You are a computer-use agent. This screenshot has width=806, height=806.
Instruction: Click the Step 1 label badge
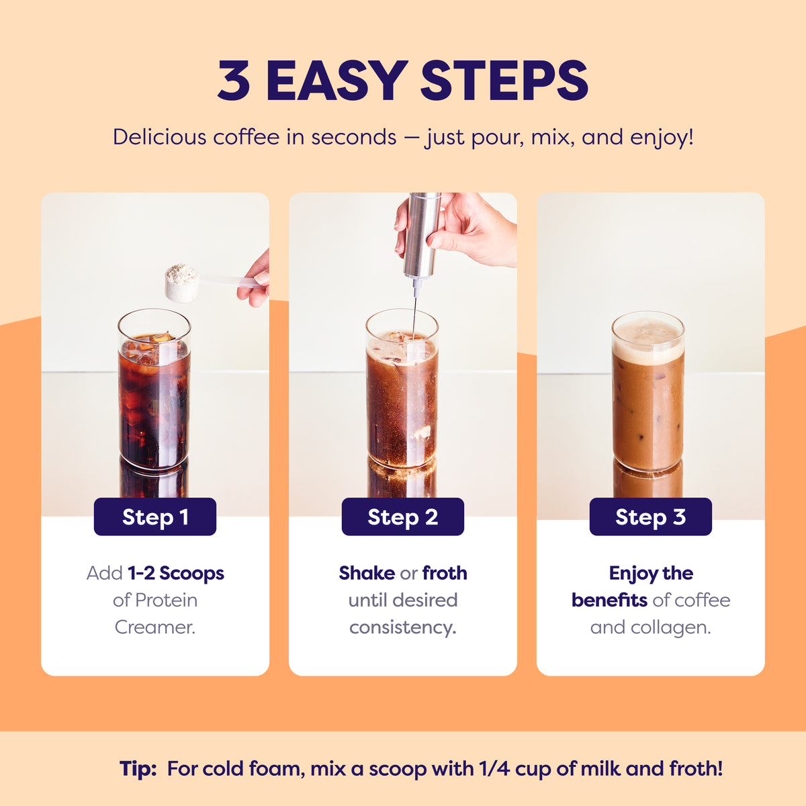pyautogui.click(x=154, y=517)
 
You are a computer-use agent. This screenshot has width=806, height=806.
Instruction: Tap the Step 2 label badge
pyautogui.click(x=403, y=517)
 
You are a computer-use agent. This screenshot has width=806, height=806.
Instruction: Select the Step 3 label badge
pyautogui.click(x=650, y=517)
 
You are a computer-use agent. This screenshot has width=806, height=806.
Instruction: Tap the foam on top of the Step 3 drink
pyautogui.click(x=648, y=339)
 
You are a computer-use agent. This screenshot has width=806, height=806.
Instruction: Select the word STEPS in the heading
pyautogui.click(x=504, y=80)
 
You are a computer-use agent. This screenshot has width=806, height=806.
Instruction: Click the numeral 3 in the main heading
pyautogui.click(x=233, y=81)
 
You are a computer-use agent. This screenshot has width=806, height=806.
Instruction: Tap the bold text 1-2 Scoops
pyautogui.click(x=176, y=574)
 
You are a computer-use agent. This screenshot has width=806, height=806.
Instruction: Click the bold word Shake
pyautogui.click(x=367, y=573)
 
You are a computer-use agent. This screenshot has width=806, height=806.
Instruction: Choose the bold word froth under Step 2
pyautogui.click(x=445, y=573)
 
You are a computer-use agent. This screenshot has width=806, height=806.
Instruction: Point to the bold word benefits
pyautogui.click(x=609, y=600)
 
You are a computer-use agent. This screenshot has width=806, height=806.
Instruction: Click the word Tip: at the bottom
pyautogui.click(x=138, y=768)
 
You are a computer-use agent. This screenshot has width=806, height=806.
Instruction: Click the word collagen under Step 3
pyautogui.click(x=670, y=628)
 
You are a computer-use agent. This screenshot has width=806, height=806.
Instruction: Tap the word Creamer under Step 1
pyautogui.click(x=154, y=627)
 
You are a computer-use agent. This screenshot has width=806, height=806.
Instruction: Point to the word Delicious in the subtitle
pyautogui.click(x=160, y=137)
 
